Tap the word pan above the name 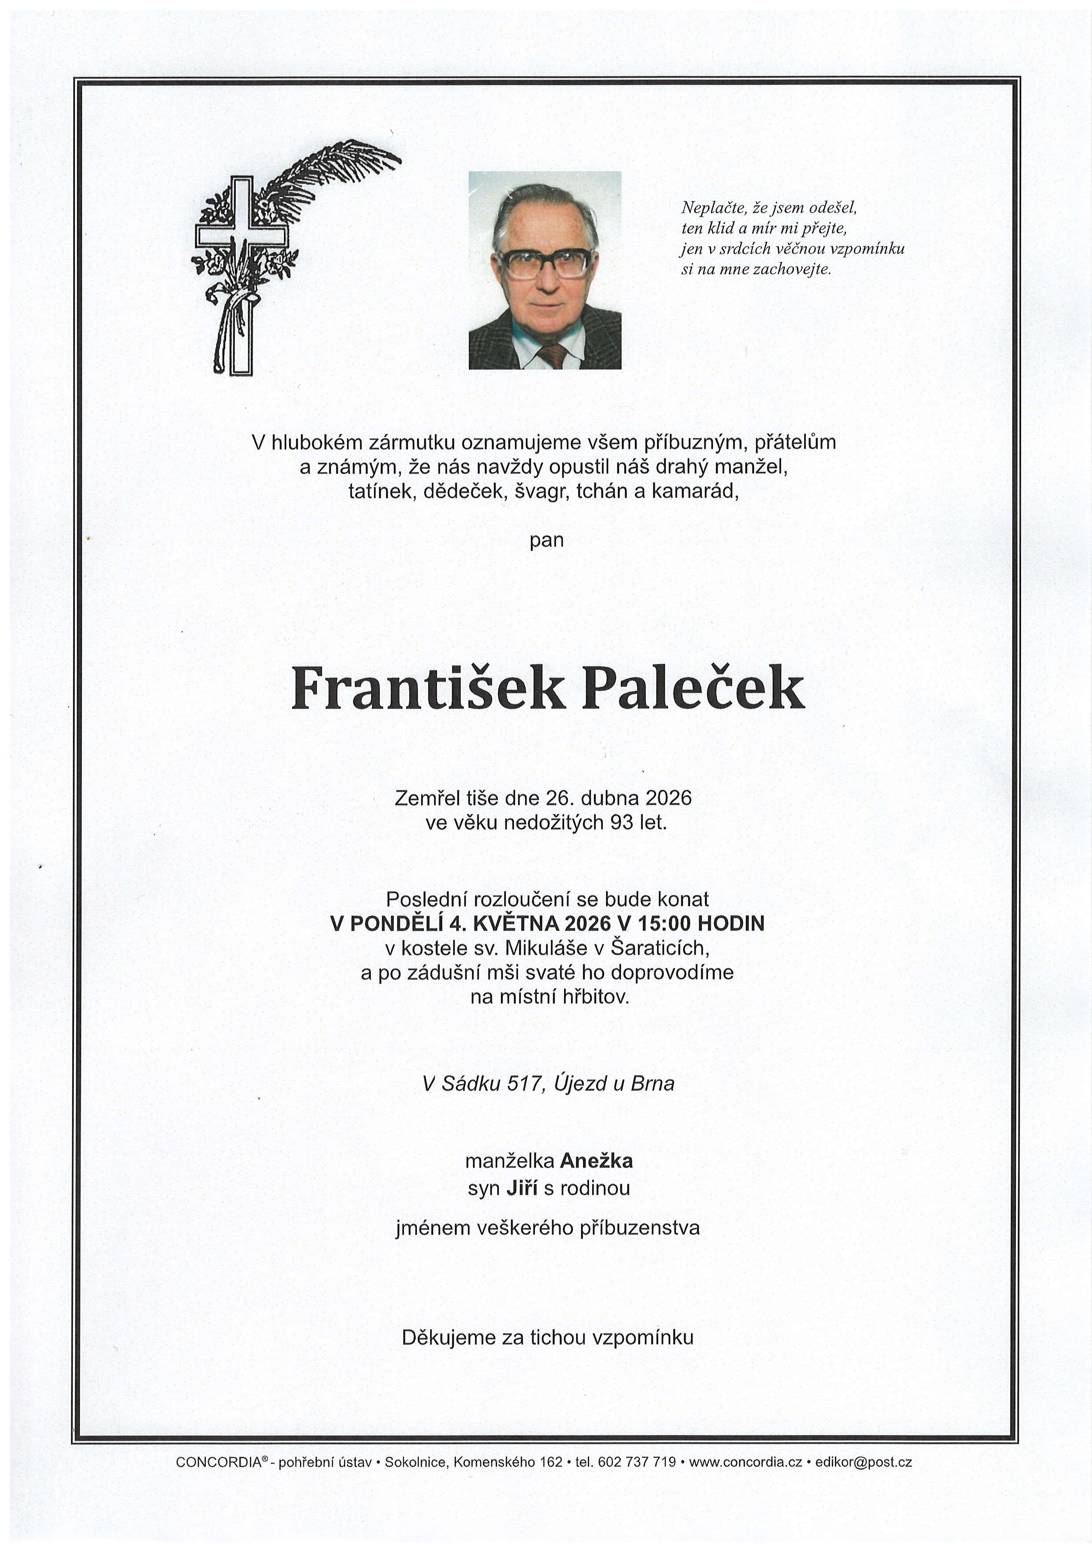coord(546,540)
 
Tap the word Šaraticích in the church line coord(659,948)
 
